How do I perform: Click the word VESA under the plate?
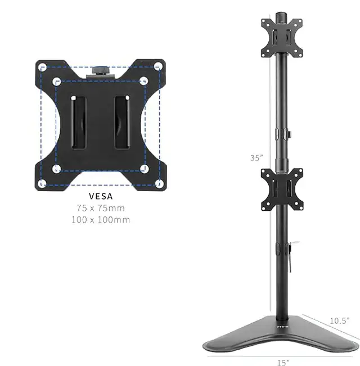tap(101, 196)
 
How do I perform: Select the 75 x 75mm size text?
tap(101, 208)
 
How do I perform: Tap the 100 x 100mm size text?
tap(101, 219)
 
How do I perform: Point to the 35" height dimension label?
tap(256, 158)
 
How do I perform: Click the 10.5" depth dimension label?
tap(340, 320)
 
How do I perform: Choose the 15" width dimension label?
tap(283, 362)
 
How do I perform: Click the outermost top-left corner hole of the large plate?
tap(42, 66)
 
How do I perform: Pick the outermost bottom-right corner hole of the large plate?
tap(160, 183)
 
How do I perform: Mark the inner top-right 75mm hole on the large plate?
tap(144, 82)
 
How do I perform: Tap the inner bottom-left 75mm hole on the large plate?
tap(56, 169)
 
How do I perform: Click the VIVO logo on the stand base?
tap(282, 324)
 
